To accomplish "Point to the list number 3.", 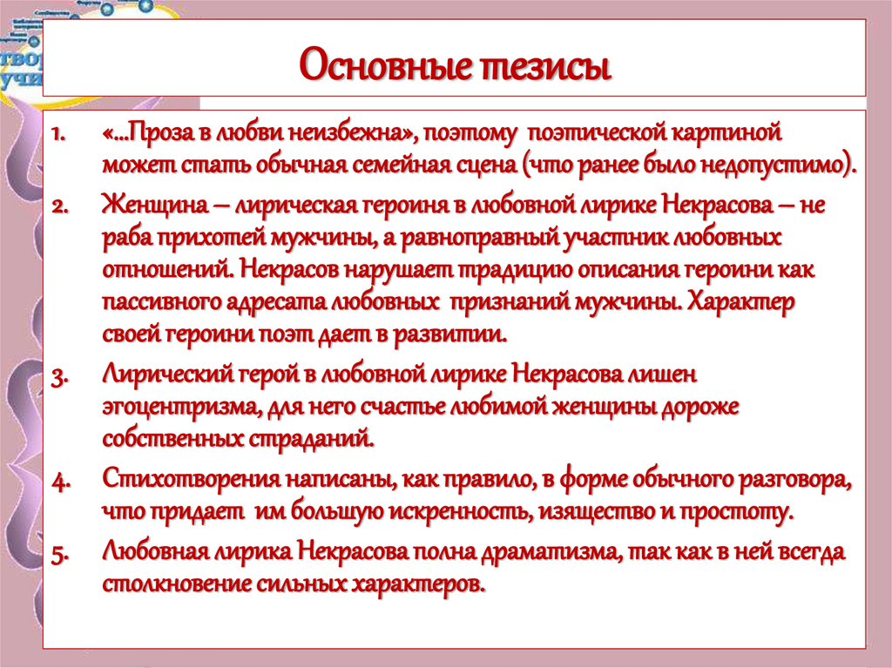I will pos(58,376).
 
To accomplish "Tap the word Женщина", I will pos(152,206).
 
